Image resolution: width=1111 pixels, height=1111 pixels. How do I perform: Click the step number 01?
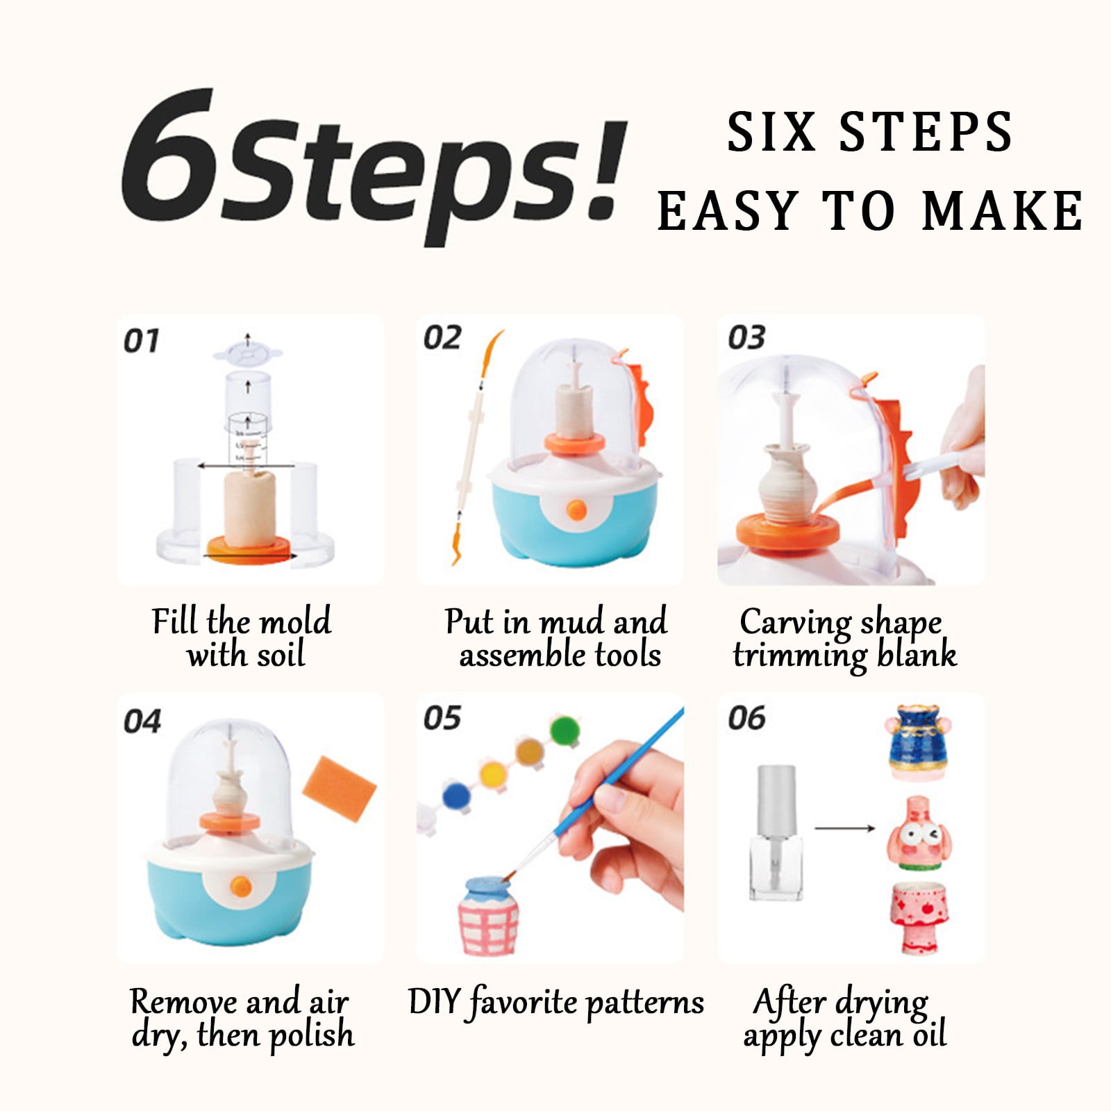[x=141, y=341]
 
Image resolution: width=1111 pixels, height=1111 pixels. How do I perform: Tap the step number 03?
[x=746, y=337]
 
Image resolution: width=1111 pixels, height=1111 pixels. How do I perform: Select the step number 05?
[x=442, y=718]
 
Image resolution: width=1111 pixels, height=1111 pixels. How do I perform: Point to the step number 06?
[x=746, y=718]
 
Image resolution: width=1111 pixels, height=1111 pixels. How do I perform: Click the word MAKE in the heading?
[x=1002, y=210]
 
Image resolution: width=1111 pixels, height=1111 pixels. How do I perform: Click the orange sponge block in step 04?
[x=341, y=787]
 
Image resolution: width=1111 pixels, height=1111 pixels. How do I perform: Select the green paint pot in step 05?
[x=565, y=730]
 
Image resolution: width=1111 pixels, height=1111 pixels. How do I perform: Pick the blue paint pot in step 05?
[x=456, y=794]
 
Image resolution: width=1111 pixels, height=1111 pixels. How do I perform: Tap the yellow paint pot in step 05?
[x=492, y=771]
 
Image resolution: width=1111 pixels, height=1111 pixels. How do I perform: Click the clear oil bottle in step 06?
[x=776, y=833]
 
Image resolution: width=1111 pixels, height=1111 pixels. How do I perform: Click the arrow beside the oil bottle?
[x=844, y=828]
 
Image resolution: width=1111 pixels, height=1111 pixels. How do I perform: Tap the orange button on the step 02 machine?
[x=576, y=511]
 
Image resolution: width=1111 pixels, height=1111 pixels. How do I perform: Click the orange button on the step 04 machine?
[x=240, y=886]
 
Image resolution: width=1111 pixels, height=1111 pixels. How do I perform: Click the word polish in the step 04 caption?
[x=311, y=1035]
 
